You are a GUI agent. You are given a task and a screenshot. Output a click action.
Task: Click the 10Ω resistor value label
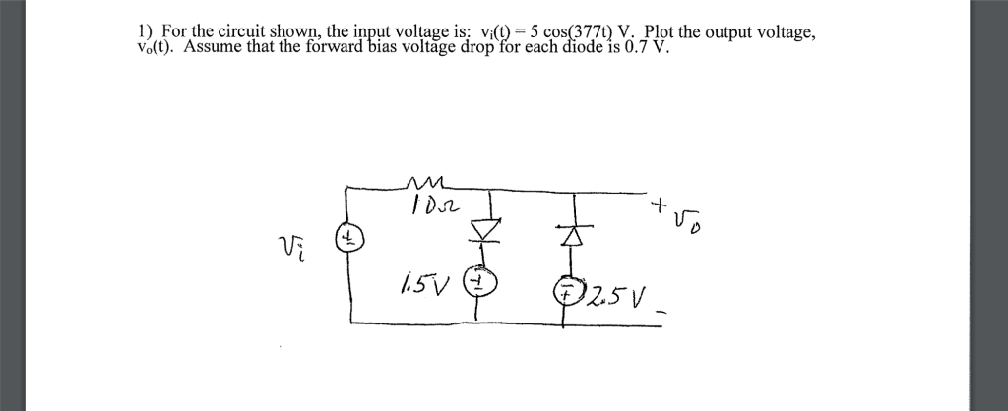[x=429, y=203]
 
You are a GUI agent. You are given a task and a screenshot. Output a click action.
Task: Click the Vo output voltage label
[x=689, y=224]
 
